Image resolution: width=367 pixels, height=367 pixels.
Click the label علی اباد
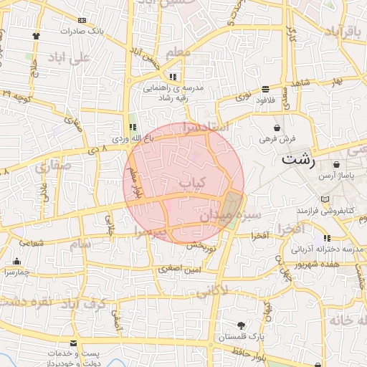[69, 57]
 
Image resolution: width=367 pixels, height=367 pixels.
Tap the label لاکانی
[212, 291]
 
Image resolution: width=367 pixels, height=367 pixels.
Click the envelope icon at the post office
[73, 344]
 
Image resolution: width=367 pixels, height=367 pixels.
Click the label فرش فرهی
[276, 138]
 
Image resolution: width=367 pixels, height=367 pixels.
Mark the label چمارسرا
[16, 272]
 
